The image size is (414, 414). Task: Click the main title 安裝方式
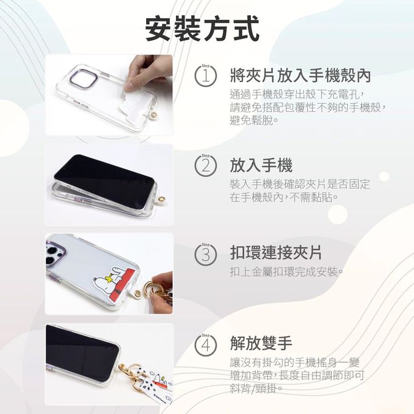pyautogui.click(x=202, y=29)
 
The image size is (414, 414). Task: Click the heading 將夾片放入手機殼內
pyautogui.click(x=300, y=76)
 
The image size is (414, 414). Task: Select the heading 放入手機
pyautogui.click(x=261, y=165)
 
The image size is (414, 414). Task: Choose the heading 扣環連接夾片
pyautogui.click(x=276, y=253)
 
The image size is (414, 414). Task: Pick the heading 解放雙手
pyautogui.click(x=261, y=343)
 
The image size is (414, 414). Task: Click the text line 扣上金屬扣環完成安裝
pyautogui.click(x=287, y=271)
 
